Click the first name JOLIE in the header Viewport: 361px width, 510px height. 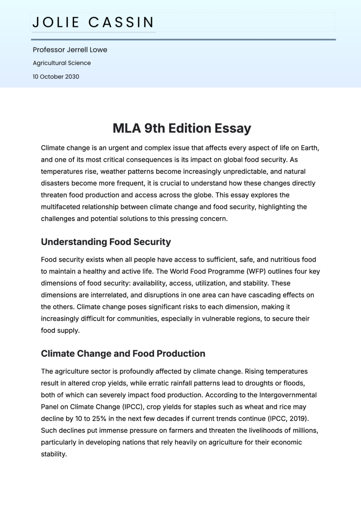[x=56, y=23]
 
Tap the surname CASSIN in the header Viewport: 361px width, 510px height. [x=121, y=23]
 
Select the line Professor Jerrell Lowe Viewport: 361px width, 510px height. [x=70, y=50]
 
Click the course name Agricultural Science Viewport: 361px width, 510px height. [x=62, y=63]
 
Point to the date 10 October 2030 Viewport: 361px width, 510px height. [x=56, y=77]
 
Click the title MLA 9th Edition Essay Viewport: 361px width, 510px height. [x=182, y=128]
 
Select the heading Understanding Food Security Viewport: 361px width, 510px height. [x=106, y=242]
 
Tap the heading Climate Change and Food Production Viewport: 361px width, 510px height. [x=123, y=354]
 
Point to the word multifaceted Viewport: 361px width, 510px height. [x=60, y=207]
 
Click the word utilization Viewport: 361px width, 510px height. [x=210, y=283]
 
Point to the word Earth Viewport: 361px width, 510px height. [x=309, y=148]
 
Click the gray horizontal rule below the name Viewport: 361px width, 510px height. [x=183, y=39]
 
